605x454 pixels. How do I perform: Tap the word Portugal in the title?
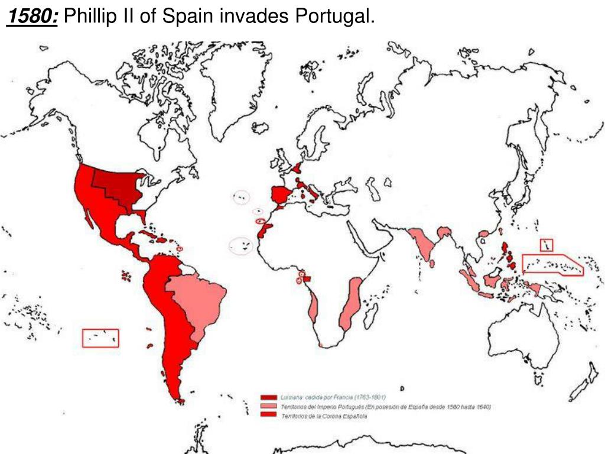pyautogui.click(x=338, y=17)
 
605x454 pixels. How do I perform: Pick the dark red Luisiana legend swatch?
pyautogui.click(x=268, y=397)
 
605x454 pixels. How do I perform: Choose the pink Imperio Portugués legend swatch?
pyautogui.click(x=268, y=407)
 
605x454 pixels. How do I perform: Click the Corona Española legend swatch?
pyautogui.click(x=268, y=416)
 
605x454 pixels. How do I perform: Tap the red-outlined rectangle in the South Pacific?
pyautogui.click(x=100, y=338)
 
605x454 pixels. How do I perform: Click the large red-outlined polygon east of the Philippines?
pyautogui.click(x=552, y=264)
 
